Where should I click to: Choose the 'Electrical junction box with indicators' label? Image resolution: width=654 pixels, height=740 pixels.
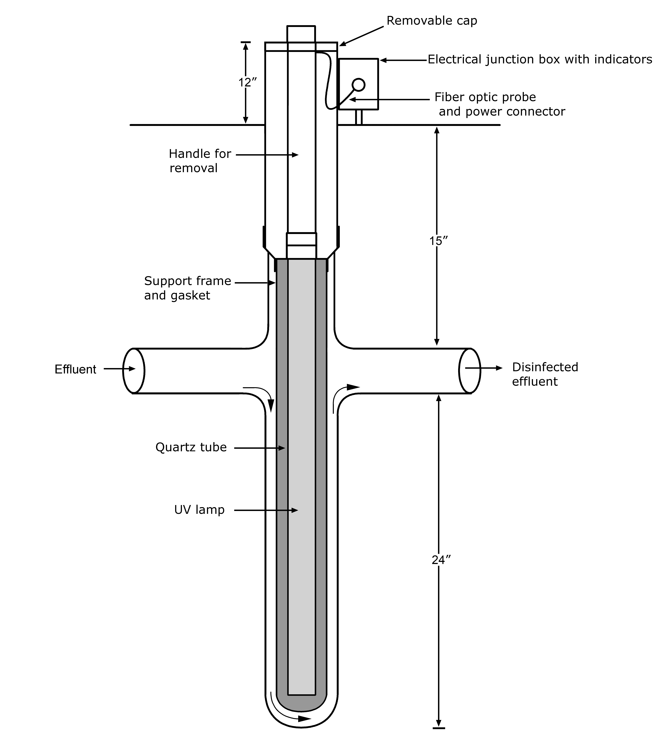[540, 59]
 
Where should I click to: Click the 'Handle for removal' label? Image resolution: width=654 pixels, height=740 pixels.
[200, 161]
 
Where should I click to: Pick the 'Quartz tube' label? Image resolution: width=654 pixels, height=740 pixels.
[191, 447]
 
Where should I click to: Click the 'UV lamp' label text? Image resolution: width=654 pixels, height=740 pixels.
[199, 510]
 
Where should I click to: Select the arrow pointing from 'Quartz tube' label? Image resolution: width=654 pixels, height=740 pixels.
[260, 448]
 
